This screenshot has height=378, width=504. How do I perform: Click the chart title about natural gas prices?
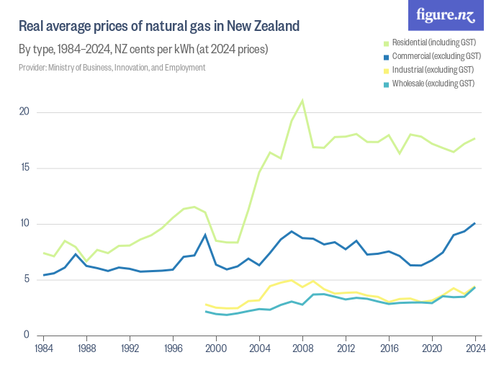coord(158,27)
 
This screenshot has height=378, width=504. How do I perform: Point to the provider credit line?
coord(112,68)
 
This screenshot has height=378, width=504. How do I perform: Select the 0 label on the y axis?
coord(26,335)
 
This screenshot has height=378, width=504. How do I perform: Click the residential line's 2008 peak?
coord(302,100)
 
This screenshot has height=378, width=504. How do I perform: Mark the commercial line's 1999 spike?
coord(205,235)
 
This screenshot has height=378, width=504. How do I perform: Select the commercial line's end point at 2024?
coord(475,223)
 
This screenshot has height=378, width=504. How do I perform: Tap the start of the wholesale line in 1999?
coord(205,311)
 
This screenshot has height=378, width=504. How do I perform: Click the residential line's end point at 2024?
coord(475,138)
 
